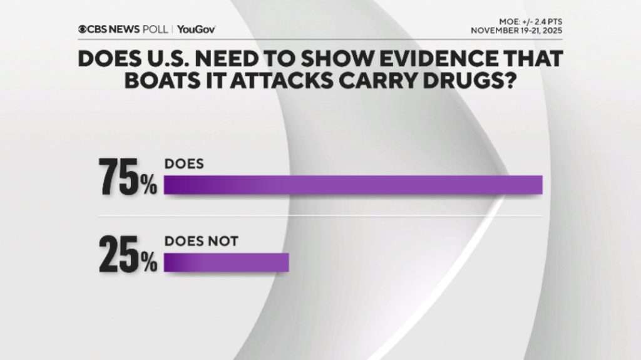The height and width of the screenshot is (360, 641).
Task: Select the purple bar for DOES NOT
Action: pos(226,262)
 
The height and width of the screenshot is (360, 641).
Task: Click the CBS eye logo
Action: pos(83,29)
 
